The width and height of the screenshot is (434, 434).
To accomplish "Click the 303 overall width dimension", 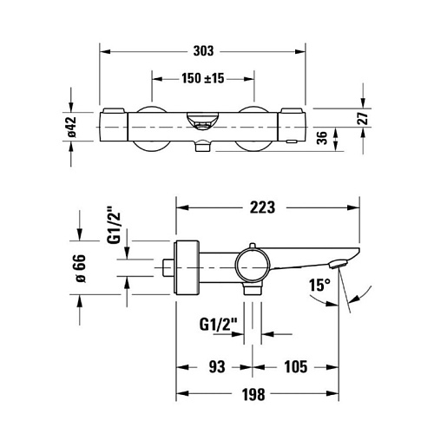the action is pos(203,51).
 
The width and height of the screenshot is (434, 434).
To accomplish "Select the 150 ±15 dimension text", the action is pos(203,78).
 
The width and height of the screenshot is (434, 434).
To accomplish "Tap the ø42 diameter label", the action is pos(71,127).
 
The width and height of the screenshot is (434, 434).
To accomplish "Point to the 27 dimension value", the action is pos(363,118).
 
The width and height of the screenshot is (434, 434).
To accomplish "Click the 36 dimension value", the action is pos(322,138).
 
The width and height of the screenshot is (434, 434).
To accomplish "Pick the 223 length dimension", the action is pos(262,207).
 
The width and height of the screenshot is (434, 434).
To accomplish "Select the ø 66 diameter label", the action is pos(80,268).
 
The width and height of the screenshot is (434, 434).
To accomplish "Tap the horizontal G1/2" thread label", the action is pos(219,325).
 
